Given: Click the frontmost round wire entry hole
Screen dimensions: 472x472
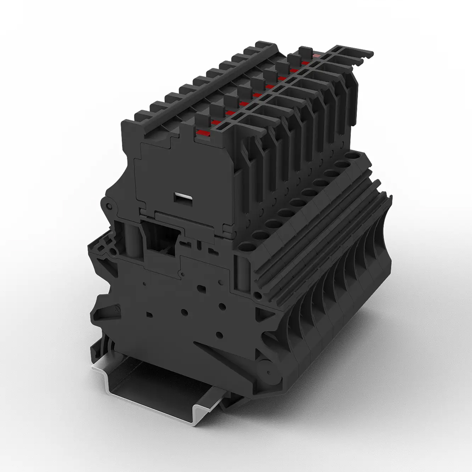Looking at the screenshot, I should [246, 246].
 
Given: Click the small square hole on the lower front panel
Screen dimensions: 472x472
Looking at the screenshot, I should [150, 313].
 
